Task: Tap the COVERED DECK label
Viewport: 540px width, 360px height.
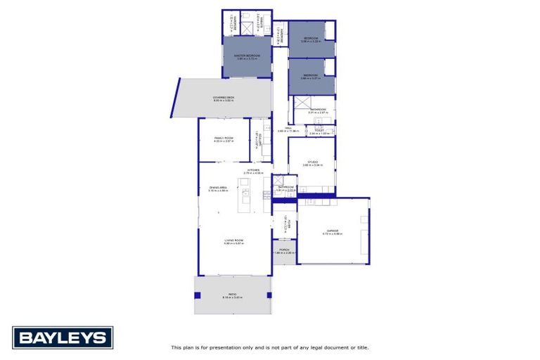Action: pos(224,98)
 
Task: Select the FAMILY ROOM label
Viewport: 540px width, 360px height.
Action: pos(224,139)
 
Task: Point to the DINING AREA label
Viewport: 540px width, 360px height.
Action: pos(217,188)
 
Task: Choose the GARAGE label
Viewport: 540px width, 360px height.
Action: pos(332,231)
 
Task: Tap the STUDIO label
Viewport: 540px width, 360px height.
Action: pos(312,162)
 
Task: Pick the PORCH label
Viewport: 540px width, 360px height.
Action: pos(285,250)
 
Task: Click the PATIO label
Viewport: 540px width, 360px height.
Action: pos(232,294)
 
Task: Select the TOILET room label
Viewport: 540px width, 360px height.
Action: pos(319,130)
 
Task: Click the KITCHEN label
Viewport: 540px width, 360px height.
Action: pos(252,170)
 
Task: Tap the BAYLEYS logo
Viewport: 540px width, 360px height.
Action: pos(63,337)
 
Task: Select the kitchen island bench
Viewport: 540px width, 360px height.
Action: pos(245,198)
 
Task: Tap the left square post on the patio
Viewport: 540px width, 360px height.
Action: pos(198,295)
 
